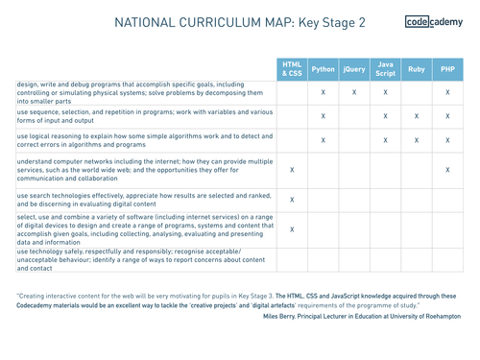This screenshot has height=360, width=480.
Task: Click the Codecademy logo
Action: (434, 22)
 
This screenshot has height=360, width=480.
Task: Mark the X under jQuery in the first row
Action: (354, 92)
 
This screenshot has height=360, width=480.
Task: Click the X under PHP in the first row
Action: (447, 92)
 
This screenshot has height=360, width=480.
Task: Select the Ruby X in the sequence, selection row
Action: (417, 116)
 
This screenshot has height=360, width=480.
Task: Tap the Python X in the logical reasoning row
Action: (324, 140)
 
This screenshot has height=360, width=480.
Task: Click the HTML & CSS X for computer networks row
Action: (292, 170)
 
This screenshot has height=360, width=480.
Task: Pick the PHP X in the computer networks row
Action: (447, 170)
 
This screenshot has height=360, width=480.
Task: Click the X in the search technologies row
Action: (292, 200)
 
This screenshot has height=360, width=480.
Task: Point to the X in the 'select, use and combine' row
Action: (292, 230)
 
